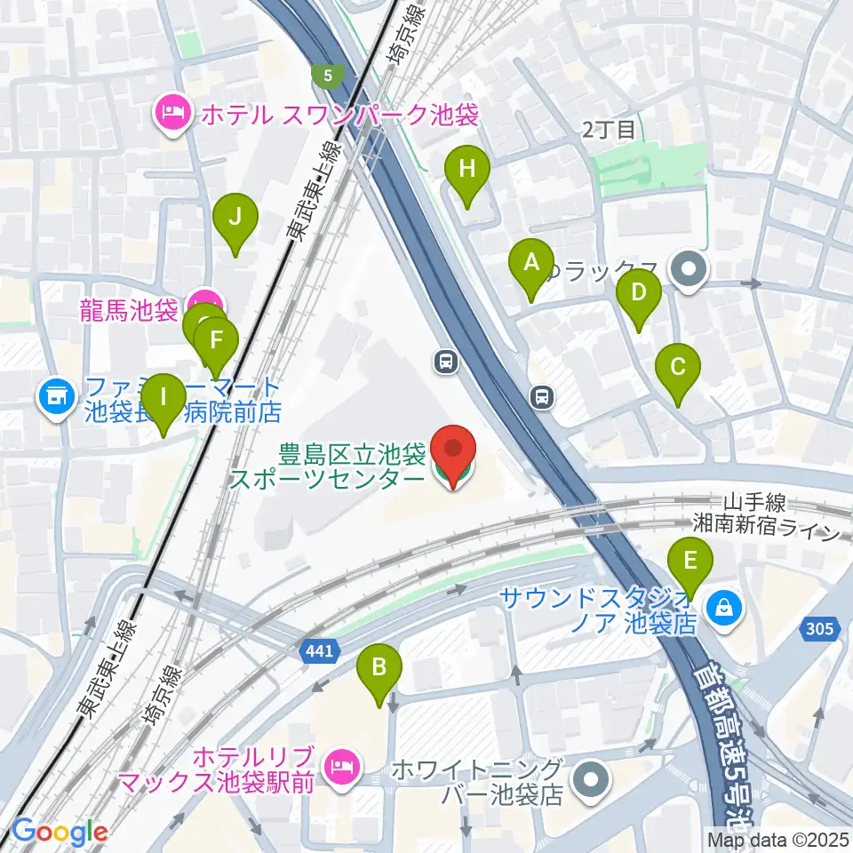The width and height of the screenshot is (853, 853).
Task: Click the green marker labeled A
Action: click(530, 266)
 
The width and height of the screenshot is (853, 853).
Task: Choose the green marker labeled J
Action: click(235, 219)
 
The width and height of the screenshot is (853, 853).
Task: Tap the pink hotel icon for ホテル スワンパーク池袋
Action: click(169, 113)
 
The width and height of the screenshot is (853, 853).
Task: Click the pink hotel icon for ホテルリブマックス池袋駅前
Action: click(341, 765)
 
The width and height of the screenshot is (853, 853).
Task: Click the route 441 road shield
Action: click(320, 651)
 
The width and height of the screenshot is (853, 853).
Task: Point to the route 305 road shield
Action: click(821, 629)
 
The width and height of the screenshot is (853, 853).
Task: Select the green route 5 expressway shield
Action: click(329, 76)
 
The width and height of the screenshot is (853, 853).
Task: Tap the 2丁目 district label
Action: click(610, 130)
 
